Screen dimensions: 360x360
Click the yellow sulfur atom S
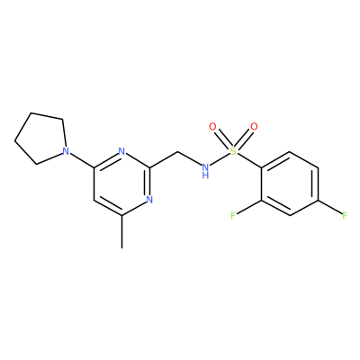coord(233,151)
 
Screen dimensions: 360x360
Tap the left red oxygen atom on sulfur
coord(212,127)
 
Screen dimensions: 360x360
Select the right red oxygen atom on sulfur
coord(254,127)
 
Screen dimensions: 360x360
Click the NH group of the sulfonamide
coord(205,170)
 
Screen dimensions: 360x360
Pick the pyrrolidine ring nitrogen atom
coord(66,151)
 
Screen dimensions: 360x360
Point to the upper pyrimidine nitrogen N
coord(121,151)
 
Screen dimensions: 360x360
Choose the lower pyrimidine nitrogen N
coord(149,199)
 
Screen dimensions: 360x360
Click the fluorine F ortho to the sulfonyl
coord(233,215)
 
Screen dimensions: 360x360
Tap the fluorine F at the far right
coord(345,215)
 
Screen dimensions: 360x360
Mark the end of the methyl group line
coord(121,247)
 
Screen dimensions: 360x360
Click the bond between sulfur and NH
coord(220,159)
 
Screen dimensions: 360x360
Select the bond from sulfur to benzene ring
coord(249,160)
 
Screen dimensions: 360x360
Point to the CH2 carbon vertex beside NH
coord(177,151)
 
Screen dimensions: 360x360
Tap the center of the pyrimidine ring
coord(121,184)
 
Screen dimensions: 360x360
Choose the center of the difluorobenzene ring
coord(290,184)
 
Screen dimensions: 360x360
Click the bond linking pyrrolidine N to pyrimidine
coord(82,160)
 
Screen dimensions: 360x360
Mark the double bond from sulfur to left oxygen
coord(222,139)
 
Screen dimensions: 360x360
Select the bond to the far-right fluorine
coord(329,206)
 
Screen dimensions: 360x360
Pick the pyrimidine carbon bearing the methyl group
coord(121,215)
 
